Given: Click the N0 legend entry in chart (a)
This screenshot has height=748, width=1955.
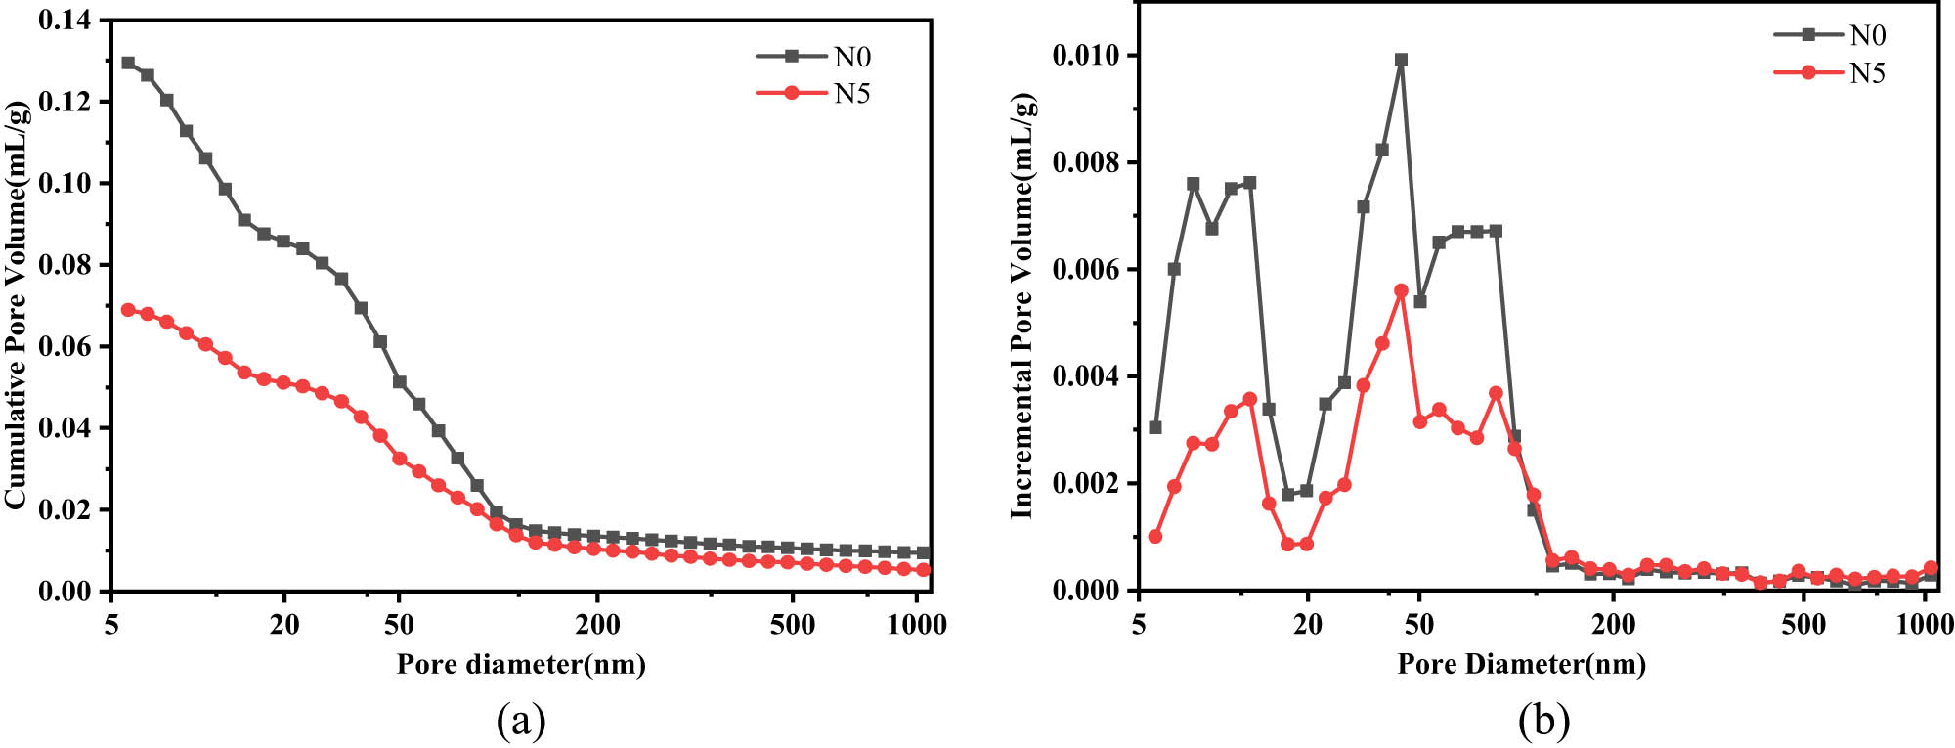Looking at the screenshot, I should point(850,57).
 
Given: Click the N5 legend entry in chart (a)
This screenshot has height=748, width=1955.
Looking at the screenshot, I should point(850,94).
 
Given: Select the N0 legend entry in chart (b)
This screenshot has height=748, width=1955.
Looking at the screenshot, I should point(1866,35).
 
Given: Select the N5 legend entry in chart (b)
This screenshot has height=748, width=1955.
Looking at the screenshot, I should point(1866,73).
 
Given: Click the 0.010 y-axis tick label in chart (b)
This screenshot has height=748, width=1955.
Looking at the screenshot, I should point(1085,56).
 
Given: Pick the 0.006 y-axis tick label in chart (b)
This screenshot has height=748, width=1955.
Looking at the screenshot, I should point(1085,270).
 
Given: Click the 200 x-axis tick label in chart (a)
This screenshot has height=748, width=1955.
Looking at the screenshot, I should point(597,625).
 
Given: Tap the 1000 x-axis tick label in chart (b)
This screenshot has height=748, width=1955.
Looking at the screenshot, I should point(1924,625).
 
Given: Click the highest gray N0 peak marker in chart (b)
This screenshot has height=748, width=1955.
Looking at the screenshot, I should point(1401,60).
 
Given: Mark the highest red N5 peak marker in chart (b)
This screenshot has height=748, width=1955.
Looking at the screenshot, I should point(1401,290).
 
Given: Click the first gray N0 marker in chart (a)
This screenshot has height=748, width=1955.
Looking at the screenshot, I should point(128,63).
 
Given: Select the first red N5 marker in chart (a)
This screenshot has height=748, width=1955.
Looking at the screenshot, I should point(128,309).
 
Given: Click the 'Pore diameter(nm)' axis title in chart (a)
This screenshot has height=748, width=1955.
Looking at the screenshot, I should point(521,665).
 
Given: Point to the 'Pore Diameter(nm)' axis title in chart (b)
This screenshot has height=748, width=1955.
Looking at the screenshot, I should point(1521,665).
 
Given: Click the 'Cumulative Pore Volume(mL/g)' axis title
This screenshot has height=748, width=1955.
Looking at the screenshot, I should point(17,303).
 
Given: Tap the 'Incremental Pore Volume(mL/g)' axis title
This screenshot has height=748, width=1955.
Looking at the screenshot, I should point(1022,305).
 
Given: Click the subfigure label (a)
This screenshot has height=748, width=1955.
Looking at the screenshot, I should point(521,722).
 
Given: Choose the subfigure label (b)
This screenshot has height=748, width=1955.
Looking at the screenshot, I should point(1544,722).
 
